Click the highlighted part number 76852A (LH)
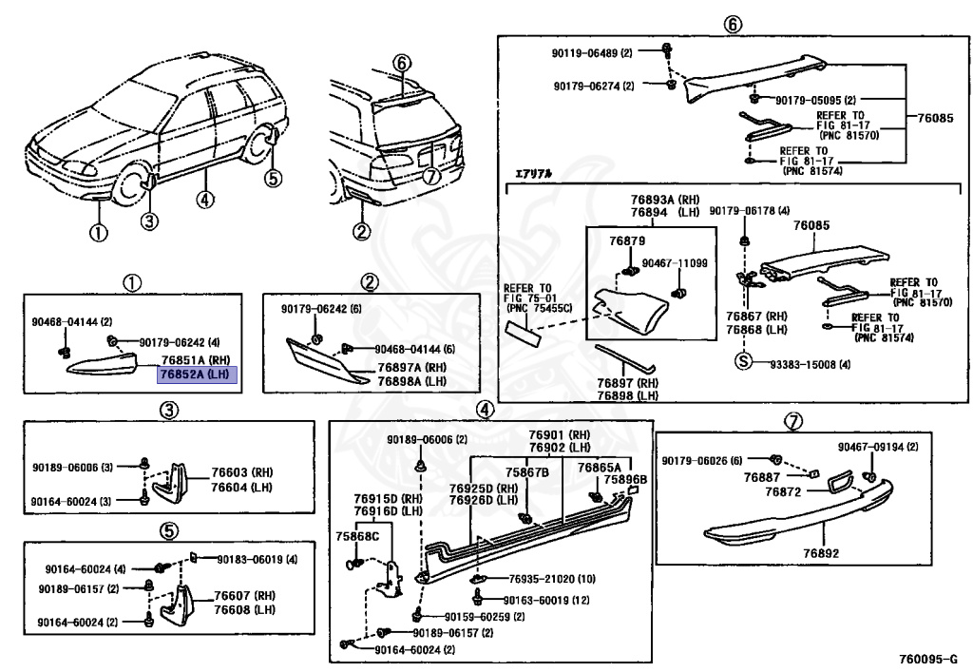coord(197,374)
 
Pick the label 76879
coord(628,242)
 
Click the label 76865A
coord(599,468)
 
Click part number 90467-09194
coord(878,447)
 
